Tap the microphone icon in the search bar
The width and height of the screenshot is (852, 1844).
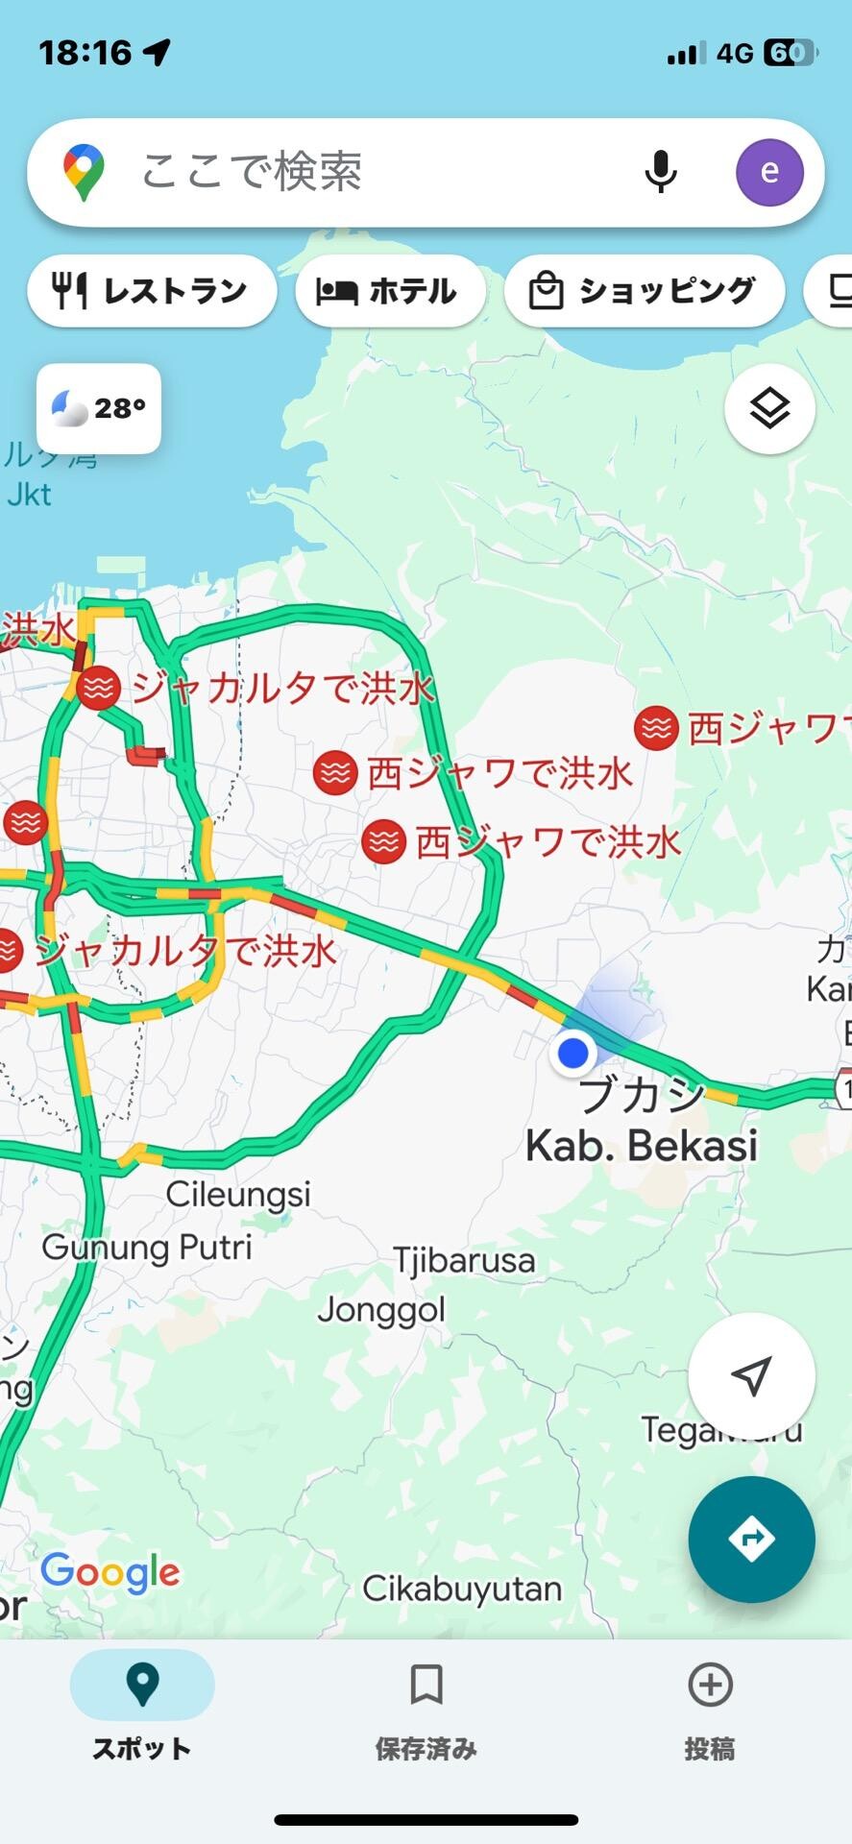pos(660,172)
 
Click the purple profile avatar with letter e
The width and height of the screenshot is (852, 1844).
pos(769,172)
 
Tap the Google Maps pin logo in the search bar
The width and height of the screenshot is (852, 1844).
pos(84,172)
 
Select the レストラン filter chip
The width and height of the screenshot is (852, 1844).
pos(152,290)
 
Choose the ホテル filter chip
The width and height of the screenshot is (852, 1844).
pos(390,290)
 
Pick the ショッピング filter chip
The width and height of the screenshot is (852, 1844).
pos(644,290)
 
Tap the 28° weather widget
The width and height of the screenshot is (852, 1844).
pos(99,408)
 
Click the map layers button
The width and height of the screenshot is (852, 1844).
pos(769,409)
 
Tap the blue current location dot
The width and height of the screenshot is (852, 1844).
pos(573,1053)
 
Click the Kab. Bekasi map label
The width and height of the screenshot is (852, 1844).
pos(642,1145)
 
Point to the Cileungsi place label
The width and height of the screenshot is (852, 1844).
pos(238,1194)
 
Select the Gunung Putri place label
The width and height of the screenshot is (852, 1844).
pos(147,1247)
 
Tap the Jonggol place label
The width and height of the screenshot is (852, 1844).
pos(381,1309)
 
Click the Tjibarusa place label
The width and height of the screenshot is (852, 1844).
pos(464,1259)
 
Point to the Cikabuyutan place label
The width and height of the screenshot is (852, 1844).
pos(462,1589)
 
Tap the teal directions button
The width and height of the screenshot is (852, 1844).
pos(751,1540)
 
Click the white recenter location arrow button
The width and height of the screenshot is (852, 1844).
pos(751,1375)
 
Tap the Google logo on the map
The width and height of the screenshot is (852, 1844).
pos(110,1573)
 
